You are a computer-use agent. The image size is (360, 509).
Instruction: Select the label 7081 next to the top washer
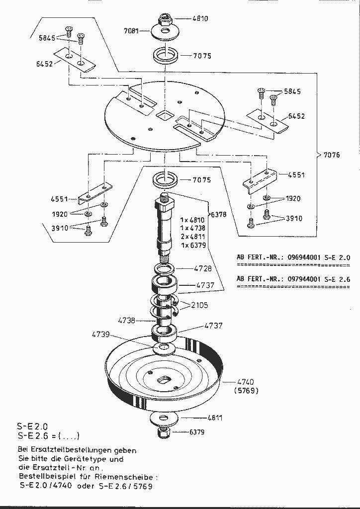[x=132, y=31]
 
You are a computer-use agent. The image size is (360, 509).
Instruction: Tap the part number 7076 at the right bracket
[x=332, y=155]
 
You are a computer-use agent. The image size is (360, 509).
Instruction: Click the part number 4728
[x=202, y=268]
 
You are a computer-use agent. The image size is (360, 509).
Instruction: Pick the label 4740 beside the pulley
[x=245, y=382]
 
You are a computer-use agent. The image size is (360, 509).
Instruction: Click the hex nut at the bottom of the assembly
[x=165, y=432]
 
